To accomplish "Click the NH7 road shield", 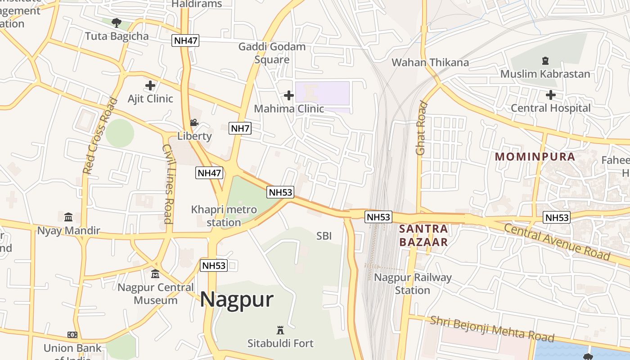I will (x=240, y=128).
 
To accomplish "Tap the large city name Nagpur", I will (x=237, y=299).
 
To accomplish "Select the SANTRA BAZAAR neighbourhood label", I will (x=423, y=235).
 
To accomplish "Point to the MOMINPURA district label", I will (x=535, y=157).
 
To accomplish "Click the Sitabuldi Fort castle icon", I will (x=280, y=330).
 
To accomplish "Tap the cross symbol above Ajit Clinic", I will (x=150, y=85).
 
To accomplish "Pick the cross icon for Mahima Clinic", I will (x=289, y=95).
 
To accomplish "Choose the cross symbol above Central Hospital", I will (x=550, y=95).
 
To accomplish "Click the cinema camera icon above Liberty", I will (x=194, y=122).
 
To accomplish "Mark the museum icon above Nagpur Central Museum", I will (x=155, y=274).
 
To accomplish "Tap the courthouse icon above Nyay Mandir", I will (x=68, y=217).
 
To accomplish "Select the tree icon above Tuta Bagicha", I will (x=117, y=22).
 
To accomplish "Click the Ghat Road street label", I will (x=421, y=129).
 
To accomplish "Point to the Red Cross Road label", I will (x=100, y=136).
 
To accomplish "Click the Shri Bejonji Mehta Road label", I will (x=492, y=329).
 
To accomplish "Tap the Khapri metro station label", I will (x=224, y=216).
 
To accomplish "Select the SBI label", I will (x=324, y=235).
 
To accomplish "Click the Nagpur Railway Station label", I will (x=413, y=283).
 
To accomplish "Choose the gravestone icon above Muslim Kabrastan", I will (x=545, y=60).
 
